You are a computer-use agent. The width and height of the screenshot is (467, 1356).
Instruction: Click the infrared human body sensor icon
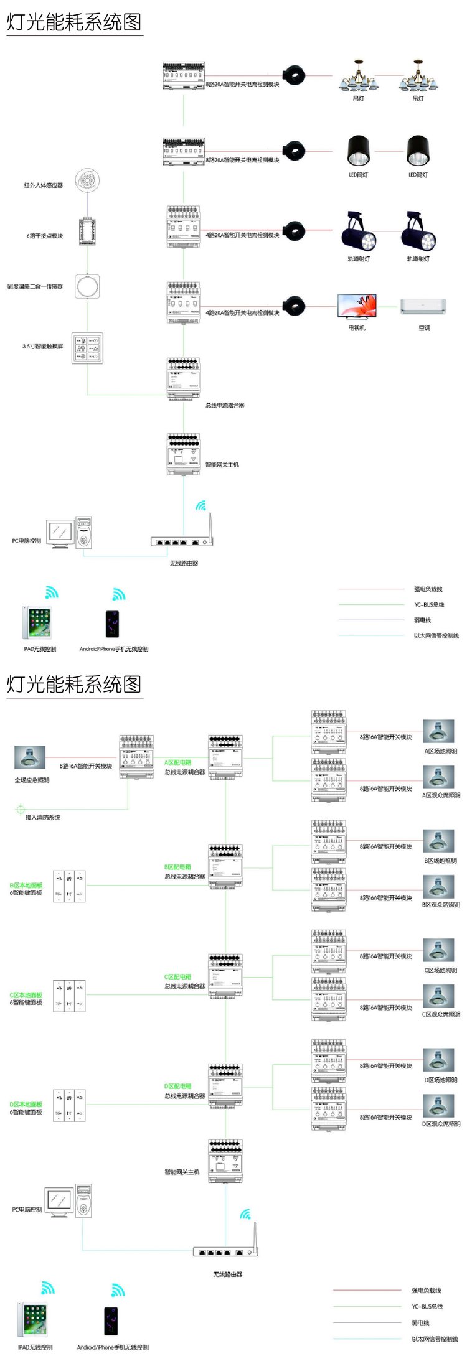[x=87, y=180]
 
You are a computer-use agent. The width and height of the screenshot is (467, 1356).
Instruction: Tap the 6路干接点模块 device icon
[x=87, y=231]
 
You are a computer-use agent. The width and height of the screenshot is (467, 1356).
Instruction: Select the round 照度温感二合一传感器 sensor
[x=87, y=287]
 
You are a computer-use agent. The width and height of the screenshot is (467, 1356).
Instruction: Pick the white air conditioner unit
[x=423, y=306]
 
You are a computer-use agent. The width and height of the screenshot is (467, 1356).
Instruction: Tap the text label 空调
[x=424, y=328]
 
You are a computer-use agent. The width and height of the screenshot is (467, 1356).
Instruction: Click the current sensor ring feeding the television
[x=294, y=306]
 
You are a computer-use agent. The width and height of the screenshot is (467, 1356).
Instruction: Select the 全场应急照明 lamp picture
[x=30, y=757]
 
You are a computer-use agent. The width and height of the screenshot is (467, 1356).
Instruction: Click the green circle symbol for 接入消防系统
[x=21, y=810]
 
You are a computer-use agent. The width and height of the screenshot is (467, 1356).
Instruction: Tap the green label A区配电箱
[x=178, y=762]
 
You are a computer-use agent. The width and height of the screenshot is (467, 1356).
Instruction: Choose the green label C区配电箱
[x=178, y=976]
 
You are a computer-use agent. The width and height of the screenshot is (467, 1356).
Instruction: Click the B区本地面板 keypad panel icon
[x=69, y=886]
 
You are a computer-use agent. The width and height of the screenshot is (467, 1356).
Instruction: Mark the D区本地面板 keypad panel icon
[x=69, y=1105]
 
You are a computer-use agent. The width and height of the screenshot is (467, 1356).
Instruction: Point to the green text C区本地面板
[x=26, y=994]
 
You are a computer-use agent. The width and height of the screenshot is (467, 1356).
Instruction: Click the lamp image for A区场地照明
[x=439, y=732]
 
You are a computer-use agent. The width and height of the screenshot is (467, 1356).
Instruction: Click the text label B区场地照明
[x=441, y=861]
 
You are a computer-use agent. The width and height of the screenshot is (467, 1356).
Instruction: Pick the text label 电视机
[x=357, y=328]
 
